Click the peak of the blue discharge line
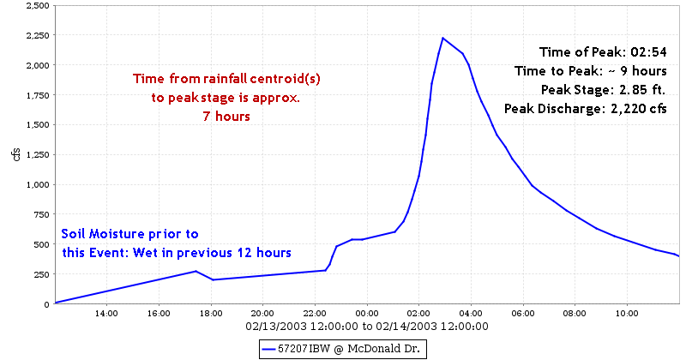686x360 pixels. click(442, 38)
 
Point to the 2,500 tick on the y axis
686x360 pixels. click(35, 5)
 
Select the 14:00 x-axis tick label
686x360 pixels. click(106, 314)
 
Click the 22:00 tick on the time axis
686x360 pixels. click(315, 314)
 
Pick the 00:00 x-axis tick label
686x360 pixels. click(367, 314)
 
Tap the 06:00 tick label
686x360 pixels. click(523, 314)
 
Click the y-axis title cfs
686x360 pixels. click(15, 154)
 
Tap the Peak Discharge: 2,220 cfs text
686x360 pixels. click(591, 109)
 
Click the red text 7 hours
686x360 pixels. click(226, 117)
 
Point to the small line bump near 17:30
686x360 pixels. click(196, 272)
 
